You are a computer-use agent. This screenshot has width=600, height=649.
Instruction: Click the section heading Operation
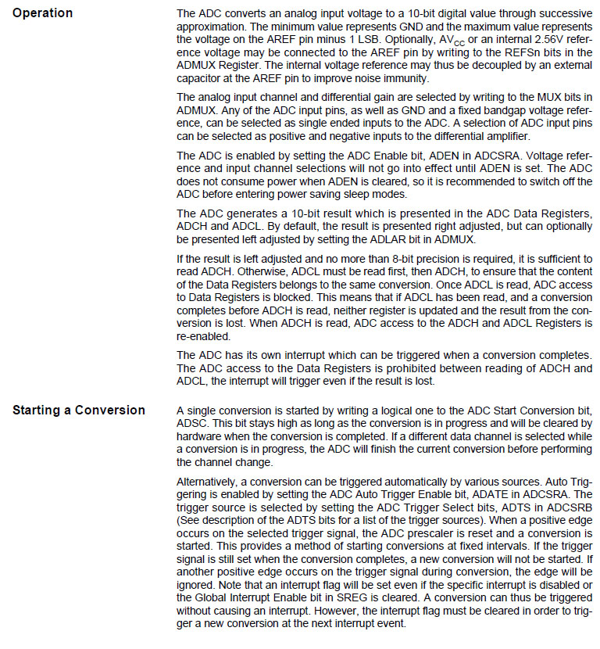pyautogui.click(x=42, y=13)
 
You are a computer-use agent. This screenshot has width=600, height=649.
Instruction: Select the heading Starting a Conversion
pyautogui.click(x=79, y=411)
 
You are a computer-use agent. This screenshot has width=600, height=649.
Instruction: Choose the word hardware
pyautogui.click(x=201, y=436)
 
